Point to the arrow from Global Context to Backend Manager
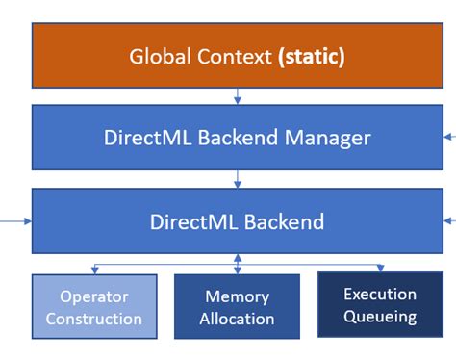[x=238, y=96]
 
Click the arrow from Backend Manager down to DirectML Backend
[x=238, y=179]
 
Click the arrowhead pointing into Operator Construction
[x=93, y=270]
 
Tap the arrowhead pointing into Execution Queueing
[x=380, y=269]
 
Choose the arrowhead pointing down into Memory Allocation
[x=238, y=270]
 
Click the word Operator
[x=93, y=297]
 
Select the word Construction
[x=93, y=319]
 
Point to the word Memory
[x=238, y=297]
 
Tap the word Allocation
[x=238, y=319]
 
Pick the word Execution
[x=380, y=295]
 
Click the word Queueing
[x=380, y=316]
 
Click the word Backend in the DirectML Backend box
[x=280, y=220]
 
